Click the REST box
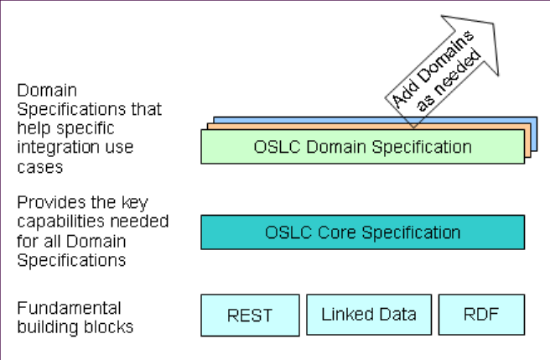250,315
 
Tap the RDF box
481,315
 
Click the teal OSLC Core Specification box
362,232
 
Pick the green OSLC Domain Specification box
362,147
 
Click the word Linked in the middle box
345,315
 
